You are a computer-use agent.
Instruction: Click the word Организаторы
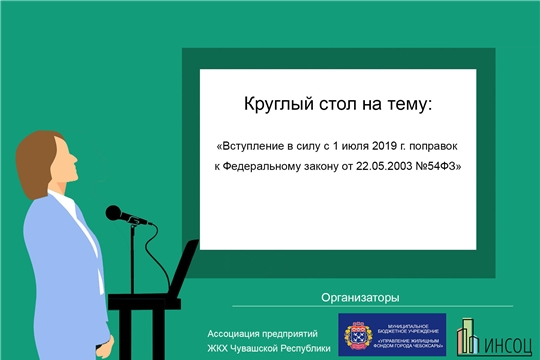(360, 297)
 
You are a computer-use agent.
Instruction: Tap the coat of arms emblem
(357, 334)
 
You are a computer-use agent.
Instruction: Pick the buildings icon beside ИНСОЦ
(467, 335)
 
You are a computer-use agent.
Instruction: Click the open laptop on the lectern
(182, 268)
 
